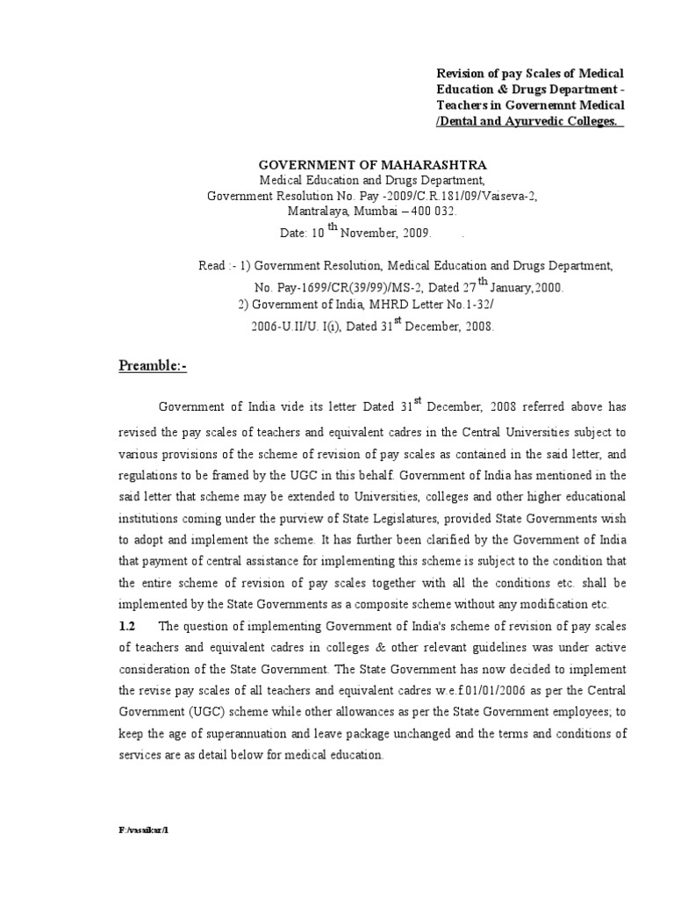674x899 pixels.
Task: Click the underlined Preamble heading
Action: pyautogui.click(x=154, y=366)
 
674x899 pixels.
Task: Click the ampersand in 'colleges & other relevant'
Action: pyautogui.click(x=383, y=647)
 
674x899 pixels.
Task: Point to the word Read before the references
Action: pyautogui.click(x=213, y=264)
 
